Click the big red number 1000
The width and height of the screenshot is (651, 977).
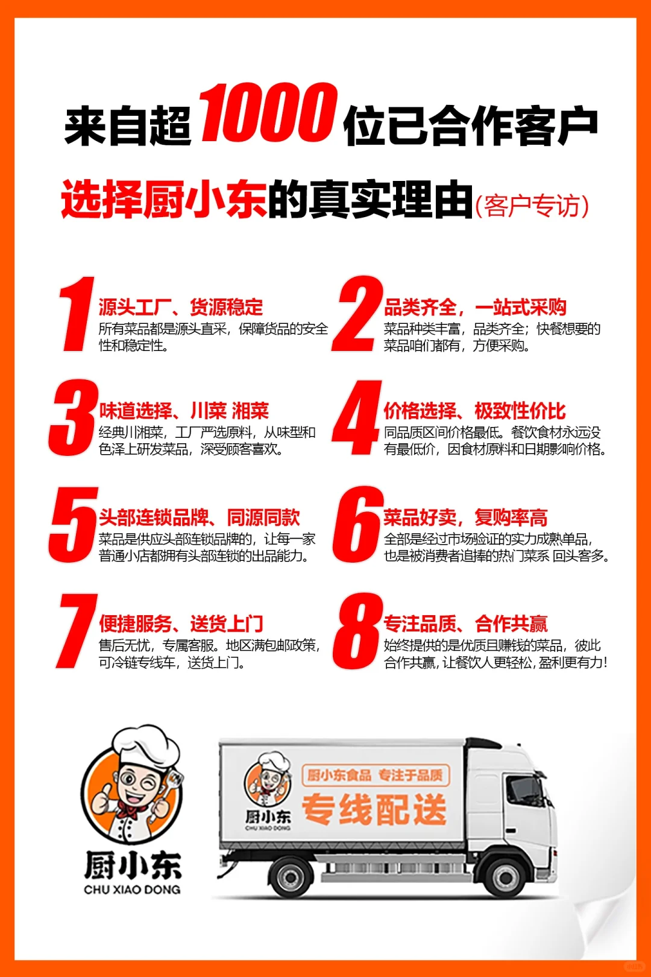point(268,113)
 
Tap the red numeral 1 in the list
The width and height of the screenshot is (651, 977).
point(77,314)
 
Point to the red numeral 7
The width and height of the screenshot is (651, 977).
point(77,631)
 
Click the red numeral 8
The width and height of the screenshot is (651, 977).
point(358,631)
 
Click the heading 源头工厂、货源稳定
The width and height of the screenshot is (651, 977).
point(181,307)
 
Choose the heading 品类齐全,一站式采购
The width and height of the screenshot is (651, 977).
point(475,307)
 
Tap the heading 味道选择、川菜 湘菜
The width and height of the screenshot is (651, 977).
point(184,411)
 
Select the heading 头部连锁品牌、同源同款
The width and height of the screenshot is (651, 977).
point(200,517)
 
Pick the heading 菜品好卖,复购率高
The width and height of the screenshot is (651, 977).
point(465,517)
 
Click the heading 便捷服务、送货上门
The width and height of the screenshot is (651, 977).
point(181,624)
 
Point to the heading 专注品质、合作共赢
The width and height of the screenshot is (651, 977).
point(465,624)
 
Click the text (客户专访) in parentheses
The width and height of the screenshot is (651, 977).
point(532,206)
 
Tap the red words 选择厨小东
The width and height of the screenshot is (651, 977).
point(163,200)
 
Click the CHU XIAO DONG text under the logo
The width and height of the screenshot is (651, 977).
point(132,890)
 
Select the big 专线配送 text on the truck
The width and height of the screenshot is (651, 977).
point(374,809)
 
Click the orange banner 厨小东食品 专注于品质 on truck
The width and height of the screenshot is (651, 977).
point(375,775)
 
